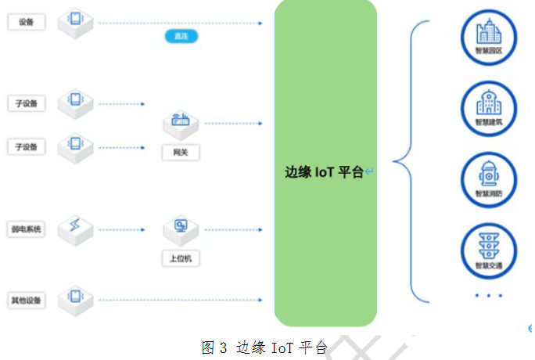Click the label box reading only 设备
click(26, 23)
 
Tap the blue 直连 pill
click(181, 36)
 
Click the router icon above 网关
click(180, 122)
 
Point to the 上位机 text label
click(180, 258)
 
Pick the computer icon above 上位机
click(180, 229)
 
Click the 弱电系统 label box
click(26, 229)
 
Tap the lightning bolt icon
click(75, 228)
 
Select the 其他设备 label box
click(26, 300)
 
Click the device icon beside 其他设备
click(75, 298)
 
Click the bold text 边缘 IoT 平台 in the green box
click(325, 172)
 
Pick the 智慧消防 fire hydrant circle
click(489, 179)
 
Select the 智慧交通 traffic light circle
click(489, 250)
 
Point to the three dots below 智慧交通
click(489, 295)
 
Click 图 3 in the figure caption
click(214, 347)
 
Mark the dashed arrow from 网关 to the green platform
click(233, 124)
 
